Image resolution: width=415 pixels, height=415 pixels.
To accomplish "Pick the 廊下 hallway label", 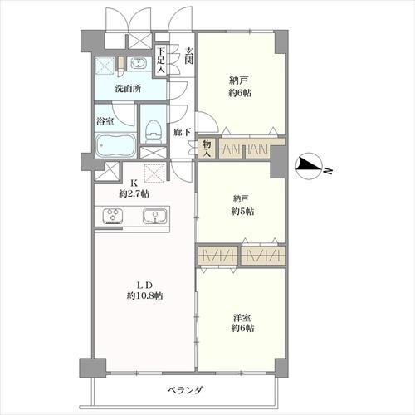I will point(183,132).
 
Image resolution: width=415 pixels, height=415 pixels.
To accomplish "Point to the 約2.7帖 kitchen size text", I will point(134,193).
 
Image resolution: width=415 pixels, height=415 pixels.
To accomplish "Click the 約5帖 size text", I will point(242,212).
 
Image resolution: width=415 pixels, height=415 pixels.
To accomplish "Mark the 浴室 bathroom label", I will point(106,121).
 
